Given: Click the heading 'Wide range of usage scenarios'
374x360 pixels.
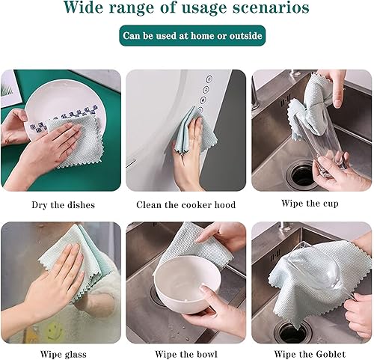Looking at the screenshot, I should pos(187,10).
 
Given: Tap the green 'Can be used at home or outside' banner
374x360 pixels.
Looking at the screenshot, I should pos(193,35).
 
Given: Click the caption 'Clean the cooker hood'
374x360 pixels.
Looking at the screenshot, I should pos(186,204).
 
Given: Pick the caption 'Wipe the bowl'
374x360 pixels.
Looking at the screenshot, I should pos(186,353).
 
